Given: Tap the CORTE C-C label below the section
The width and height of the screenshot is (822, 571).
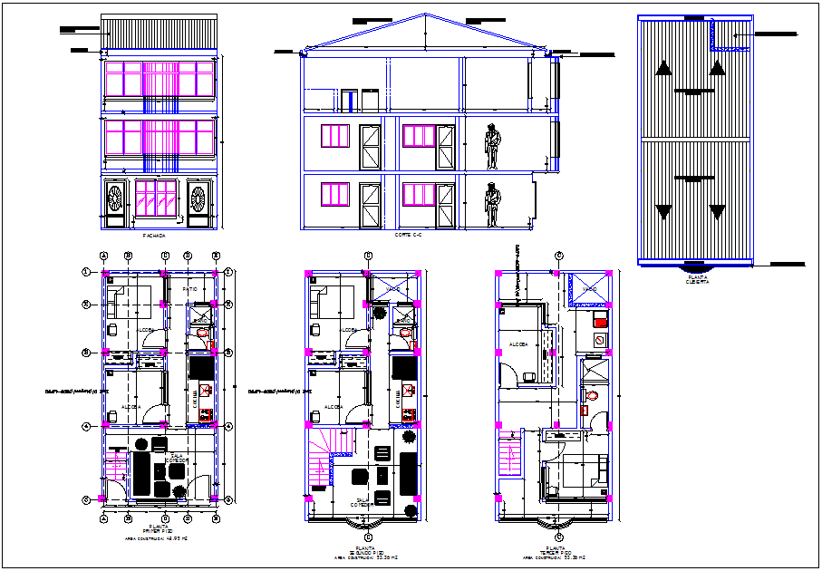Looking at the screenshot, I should click(409, 236).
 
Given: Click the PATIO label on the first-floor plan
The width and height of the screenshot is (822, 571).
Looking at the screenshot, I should click(190, 289).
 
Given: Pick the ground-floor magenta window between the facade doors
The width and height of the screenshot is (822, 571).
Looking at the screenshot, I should click(156, 198).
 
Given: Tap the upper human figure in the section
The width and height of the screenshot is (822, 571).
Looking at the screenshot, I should click(492, 146).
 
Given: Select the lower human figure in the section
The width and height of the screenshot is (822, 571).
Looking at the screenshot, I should click(492, 204).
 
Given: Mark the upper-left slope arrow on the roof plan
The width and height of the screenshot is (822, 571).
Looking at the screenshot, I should click(664, 67).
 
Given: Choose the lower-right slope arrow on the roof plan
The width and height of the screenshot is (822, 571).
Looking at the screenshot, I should click(717, 213).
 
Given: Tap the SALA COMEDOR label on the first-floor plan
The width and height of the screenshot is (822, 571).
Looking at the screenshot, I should click(177, 459).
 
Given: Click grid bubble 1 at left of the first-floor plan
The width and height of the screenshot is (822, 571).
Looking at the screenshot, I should click(87, 271).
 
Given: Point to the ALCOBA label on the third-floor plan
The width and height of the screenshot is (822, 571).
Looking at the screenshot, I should click(518, 345).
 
